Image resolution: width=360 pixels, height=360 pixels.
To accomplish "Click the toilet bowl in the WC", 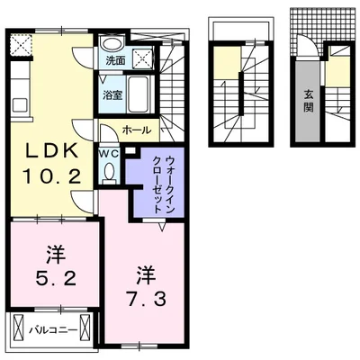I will tap(108, 175).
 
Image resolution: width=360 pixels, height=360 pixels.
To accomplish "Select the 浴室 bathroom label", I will tap(112, 94).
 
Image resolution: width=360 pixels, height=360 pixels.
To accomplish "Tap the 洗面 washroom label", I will tap(114, 61).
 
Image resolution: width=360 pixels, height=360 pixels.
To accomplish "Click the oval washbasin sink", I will tap(112, 44).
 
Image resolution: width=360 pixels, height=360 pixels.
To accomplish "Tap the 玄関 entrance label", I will tap(308, 101).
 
